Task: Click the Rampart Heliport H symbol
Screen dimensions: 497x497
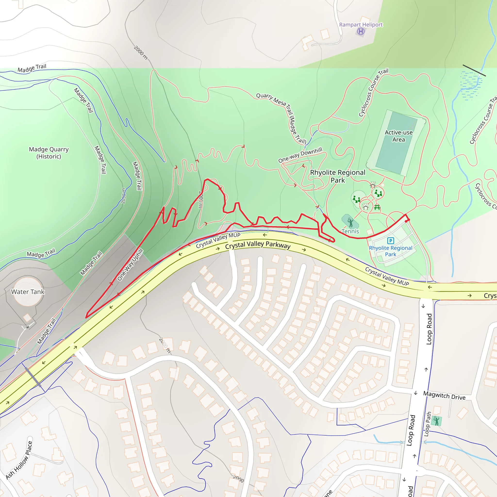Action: click(361, 32)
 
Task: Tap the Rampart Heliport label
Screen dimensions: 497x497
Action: click(361, 25)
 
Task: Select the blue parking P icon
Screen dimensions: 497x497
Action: click(390, 240)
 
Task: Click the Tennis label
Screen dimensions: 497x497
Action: click(350, 231)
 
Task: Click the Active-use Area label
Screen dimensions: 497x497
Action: click(398, 136)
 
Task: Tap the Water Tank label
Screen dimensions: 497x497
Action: click(28, 292)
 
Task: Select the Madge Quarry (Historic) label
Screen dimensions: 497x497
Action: click(49, 153)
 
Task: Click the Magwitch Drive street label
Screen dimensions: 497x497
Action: click(444, 395)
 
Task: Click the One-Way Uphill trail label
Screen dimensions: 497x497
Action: click(130, 265)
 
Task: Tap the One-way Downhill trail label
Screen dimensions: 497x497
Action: click(300, 155)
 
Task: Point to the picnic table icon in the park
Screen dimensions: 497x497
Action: click(377, 207)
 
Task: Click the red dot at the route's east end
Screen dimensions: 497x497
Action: click(406, 221)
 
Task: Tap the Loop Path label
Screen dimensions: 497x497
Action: click(427, 424)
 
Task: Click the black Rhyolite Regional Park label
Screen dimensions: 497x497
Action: click(338, 176)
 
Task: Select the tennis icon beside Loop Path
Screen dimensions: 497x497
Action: click(437, 421)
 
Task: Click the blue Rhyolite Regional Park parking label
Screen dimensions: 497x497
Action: click(390, 251)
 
